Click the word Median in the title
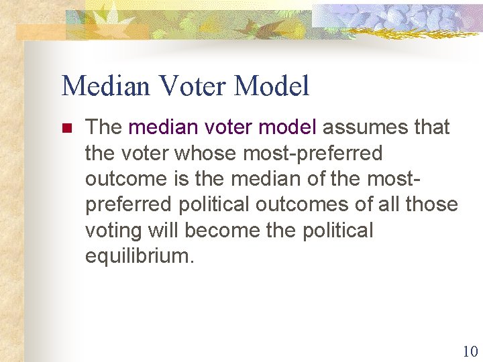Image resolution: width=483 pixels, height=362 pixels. click(101, 86)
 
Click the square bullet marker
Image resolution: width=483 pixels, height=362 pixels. click(66, 127)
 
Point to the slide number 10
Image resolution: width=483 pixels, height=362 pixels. click(470, 351)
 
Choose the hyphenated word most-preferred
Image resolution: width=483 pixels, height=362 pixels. click(313, 153)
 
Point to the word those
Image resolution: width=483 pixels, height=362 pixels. click(433, 204)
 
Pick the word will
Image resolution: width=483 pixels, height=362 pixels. click(163, 231)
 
